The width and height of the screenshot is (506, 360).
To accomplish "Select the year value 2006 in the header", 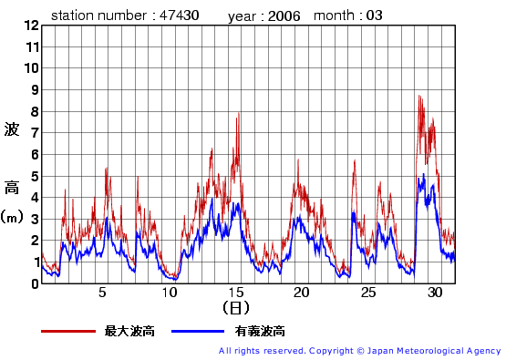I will pos(284,15).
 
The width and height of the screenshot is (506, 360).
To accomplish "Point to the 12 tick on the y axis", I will pos(33,26).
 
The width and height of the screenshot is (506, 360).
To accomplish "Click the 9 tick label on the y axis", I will pos(34,89).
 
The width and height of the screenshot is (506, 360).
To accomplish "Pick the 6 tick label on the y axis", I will pos(34,154).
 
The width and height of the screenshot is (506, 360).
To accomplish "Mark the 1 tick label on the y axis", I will pos(34,262).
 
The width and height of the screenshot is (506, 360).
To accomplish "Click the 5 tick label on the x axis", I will pos(103,293).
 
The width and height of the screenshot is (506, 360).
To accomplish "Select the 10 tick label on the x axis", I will pos(170,293).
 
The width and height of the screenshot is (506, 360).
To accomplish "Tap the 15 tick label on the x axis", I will pos(235,293).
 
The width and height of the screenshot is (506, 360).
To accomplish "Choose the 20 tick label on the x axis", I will pos(302,293).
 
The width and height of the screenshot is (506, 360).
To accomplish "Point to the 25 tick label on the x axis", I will pos(367,293).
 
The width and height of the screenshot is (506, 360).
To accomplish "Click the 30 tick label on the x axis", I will pos(434,293).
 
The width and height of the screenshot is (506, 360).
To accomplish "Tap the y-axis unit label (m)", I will pos(12,217).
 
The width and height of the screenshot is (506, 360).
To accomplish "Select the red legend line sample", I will pos(68,332).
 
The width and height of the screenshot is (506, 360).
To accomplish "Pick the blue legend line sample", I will pos(195,332).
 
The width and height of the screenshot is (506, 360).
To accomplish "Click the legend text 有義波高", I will pos(260,332).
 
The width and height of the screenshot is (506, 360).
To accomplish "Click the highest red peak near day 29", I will pos(419,96).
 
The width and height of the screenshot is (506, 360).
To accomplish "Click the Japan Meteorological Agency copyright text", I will pos(360,351).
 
